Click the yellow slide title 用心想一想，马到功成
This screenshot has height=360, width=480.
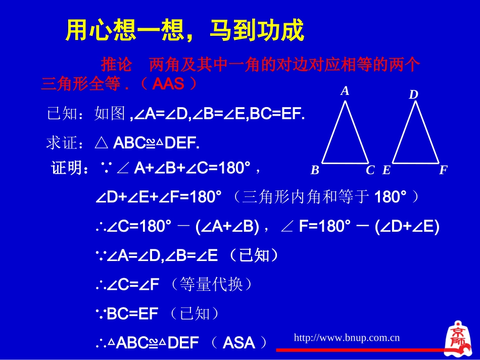[185, 31]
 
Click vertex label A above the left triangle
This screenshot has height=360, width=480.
[345, 91]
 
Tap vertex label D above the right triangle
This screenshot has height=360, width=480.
[414, 94]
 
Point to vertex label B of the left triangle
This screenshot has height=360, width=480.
[315, 170]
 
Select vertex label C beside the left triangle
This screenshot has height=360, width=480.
[370, 170]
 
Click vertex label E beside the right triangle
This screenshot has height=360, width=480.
[387, 170]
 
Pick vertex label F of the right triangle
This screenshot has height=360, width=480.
[443, 170]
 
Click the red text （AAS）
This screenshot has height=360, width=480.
[168, 84]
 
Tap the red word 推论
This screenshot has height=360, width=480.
[116, 65]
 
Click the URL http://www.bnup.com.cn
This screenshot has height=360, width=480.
[347, 337]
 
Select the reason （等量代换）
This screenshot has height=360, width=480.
[212, 285]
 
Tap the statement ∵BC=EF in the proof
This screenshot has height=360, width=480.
[127, 315]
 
